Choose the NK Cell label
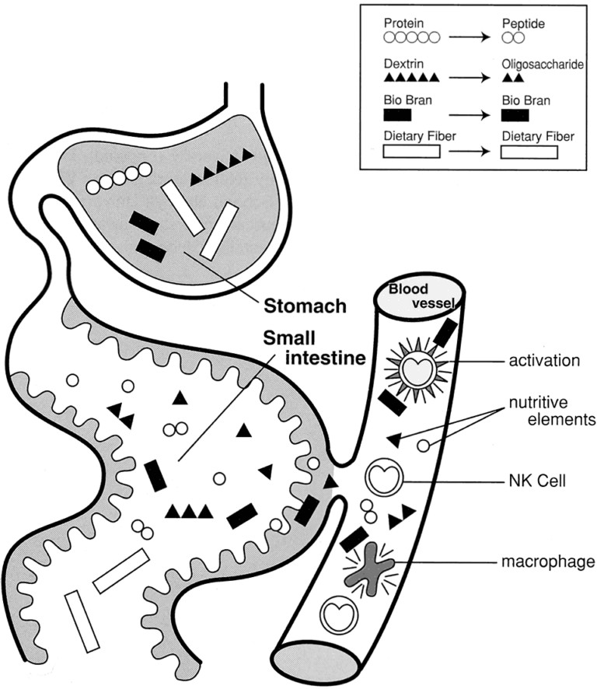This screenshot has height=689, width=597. click(536, 481)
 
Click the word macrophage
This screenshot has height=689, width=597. click(547, 560)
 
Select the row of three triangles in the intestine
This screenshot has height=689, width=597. click(190, 510)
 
